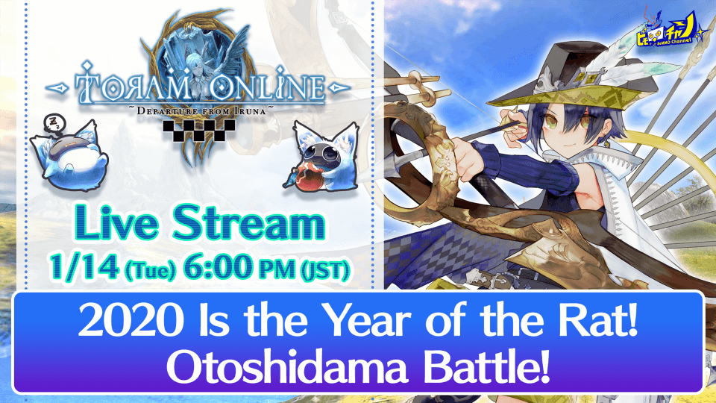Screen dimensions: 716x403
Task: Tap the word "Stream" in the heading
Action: tap(249, 223)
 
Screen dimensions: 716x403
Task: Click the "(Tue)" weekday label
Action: tap(150, 269)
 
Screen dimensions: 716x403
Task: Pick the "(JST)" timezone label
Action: tap(325, 269)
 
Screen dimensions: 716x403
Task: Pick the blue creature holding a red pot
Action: tap(322, 157)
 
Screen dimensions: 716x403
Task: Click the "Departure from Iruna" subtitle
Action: tap(201, 111)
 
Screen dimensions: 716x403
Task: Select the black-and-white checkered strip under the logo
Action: tap(199, 130)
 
